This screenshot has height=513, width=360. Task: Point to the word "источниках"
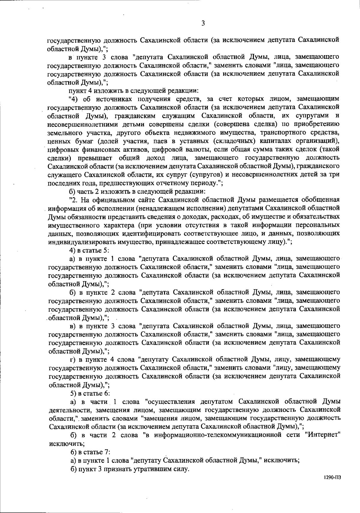pos(111,99)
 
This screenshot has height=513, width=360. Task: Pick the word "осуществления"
pos(170,401)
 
